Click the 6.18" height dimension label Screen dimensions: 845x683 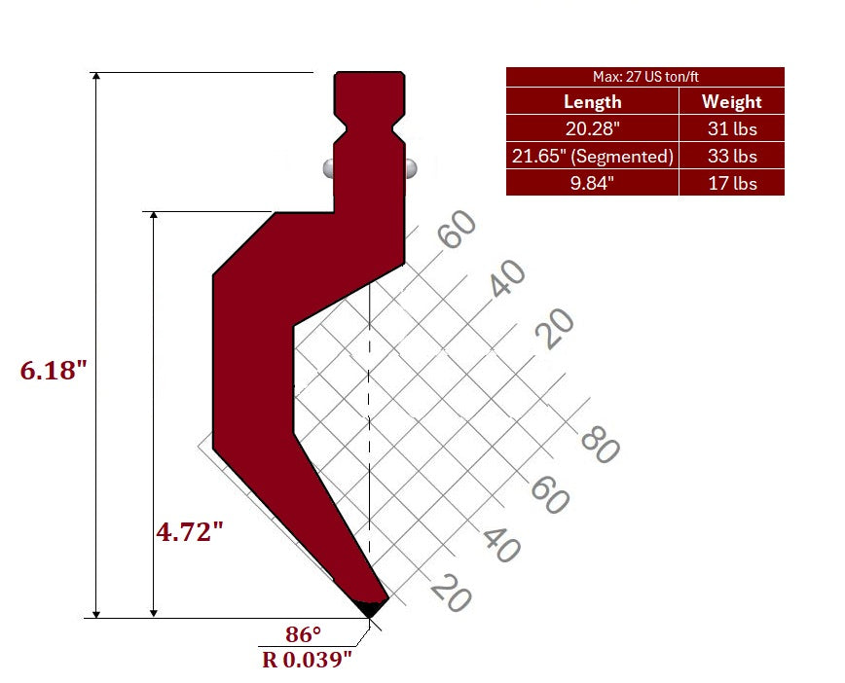pyautogui.click(x=54, y=371)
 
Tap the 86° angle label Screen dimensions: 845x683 pyautogui.click(x=304, y=634)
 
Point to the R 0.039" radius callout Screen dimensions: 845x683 pyautogui.click(x=307, y=660)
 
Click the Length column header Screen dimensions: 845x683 pyautogui.click(x=592, y=102)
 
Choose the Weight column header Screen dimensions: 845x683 pyautogui.click(x=731, y=102)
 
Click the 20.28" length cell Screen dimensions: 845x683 pyautogui.click(x=592, y=128)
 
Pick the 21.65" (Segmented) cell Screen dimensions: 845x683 pyautogui.click(x=592, y=157)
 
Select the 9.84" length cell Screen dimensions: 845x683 pyautogui.click(x=592, y=183)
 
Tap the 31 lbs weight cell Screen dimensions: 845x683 pyautogui.click(x=732, y=128)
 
